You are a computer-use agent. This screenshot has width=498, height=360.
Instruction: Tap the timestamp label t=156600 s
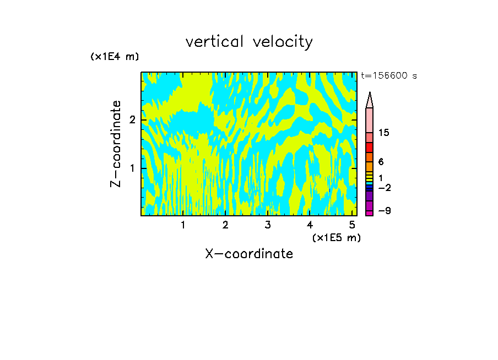click(388, 76)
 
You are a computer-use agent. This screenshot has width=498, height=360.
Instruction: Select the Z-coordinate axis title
click(116, 144)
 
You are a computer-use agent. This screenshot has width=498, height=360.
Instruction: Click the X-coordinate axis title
click(249, 254)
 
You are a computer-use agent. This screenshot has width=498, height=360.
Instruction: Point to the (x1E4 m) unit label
click(115, 57)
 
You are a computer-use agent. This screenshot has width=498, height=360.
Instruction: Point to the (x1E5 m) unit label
click(336, 238)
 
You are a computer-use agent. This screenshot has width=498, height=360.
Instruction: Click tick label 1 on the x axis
click(183, 225)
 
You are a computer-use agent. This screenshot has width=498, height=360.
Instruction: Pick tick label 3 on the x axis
click(268, 225)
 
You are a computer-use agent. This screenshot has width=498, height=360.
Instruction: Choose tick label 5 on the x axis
click(352, 225)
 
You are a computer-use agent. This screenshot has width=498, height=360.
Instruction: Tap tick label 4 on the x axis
click(310, 225)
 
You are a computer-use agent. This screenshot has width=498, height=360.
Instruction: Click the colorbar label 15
click(384, 133)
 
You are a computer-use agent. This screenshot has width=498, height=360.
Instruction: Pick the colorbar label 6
click(381, 162)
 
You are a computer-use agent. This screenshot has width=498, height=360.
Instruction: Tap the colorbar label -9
click(383, 211)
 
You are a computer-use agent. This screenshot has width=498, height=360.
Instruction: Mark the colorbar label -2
click(383, 188)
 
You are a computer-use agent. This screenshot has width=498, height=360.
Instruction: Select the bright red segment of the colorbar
click(370, 148)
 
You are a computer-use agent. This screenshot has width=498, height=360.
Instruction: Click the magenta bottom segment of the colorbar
click(370, 213)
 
